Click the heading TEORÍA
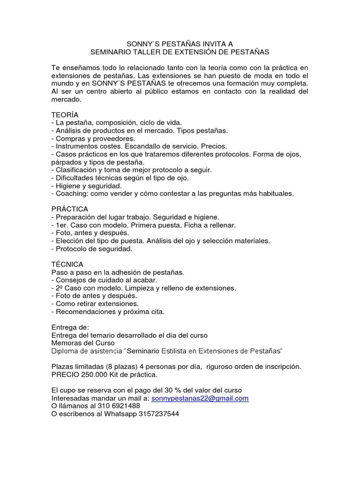coord(65,115)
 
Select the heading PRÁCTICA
coord(69,209)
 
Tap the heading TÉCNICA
coord(67,264)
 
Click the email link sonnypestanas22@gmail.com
coord(200,398)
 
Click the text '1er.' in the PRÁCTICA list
coord(62,225)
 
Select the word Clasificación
coord(78,170)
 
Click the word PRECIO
coord(65,375)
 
